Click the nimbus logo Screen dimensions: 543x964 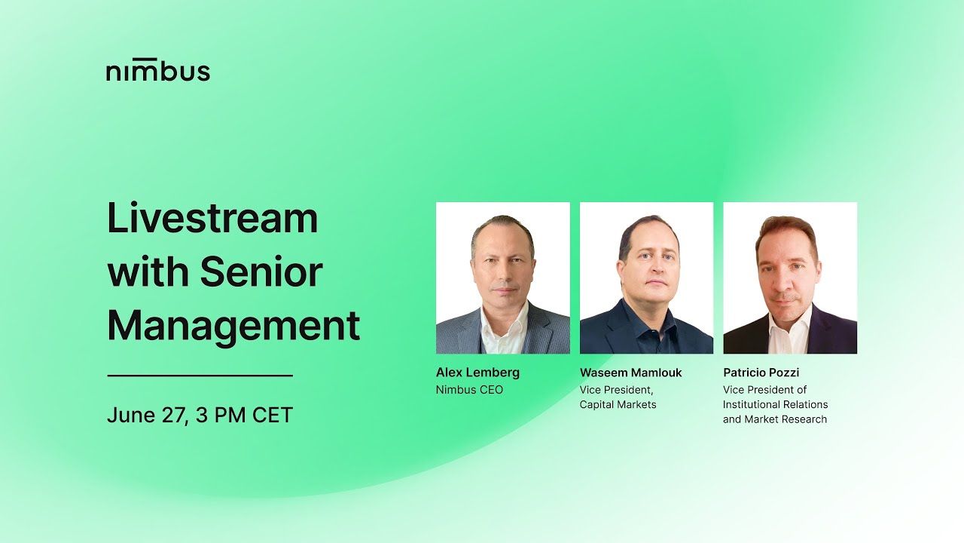[x=157, y=71]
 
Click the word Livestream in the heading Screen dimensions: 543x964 [x=212, y=219]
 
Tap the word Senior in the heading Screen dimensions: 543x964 [x=261, y=272]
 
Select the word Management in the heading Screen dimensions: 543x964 [x=233, y=326]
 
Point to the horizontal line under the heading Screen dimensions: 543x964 [x=200, y=375]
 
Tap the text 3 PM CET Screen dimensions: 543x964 [x=244, y=416]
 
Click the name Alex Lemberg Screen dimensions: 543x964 [x=477, y=373]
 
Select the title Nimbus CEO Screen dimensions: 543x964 [x=469, y=390]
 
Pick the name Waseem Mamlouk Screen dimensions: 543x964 [x=630, y=373]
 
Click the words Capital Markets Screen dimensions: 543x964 [x=618, y=405]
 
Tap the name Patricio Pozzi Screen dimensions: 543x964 [x=761, y=373]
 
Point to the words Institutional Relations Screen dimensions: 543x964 [x=775, y=405]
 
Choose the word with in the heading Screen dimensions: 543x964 [x=148, y=272]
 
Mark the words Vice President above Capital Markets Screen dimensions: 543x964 [x=616, y=390]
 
